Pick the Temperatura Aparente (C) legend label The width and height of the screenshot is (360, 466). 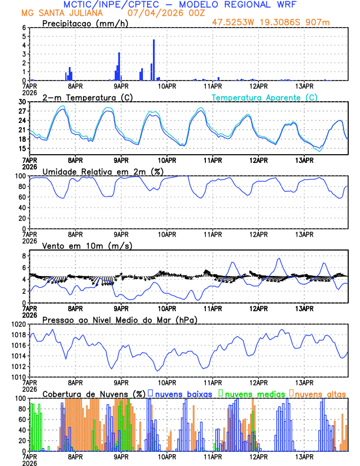[x=264, y=97]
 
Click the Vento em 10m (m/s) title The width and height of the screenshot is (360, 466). [x=88, y=245]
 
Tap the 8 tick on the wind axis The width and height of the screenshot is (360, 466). [x=24, y=256]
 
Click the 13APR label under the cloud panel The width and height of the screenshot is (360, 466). [x=304, y=455]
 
